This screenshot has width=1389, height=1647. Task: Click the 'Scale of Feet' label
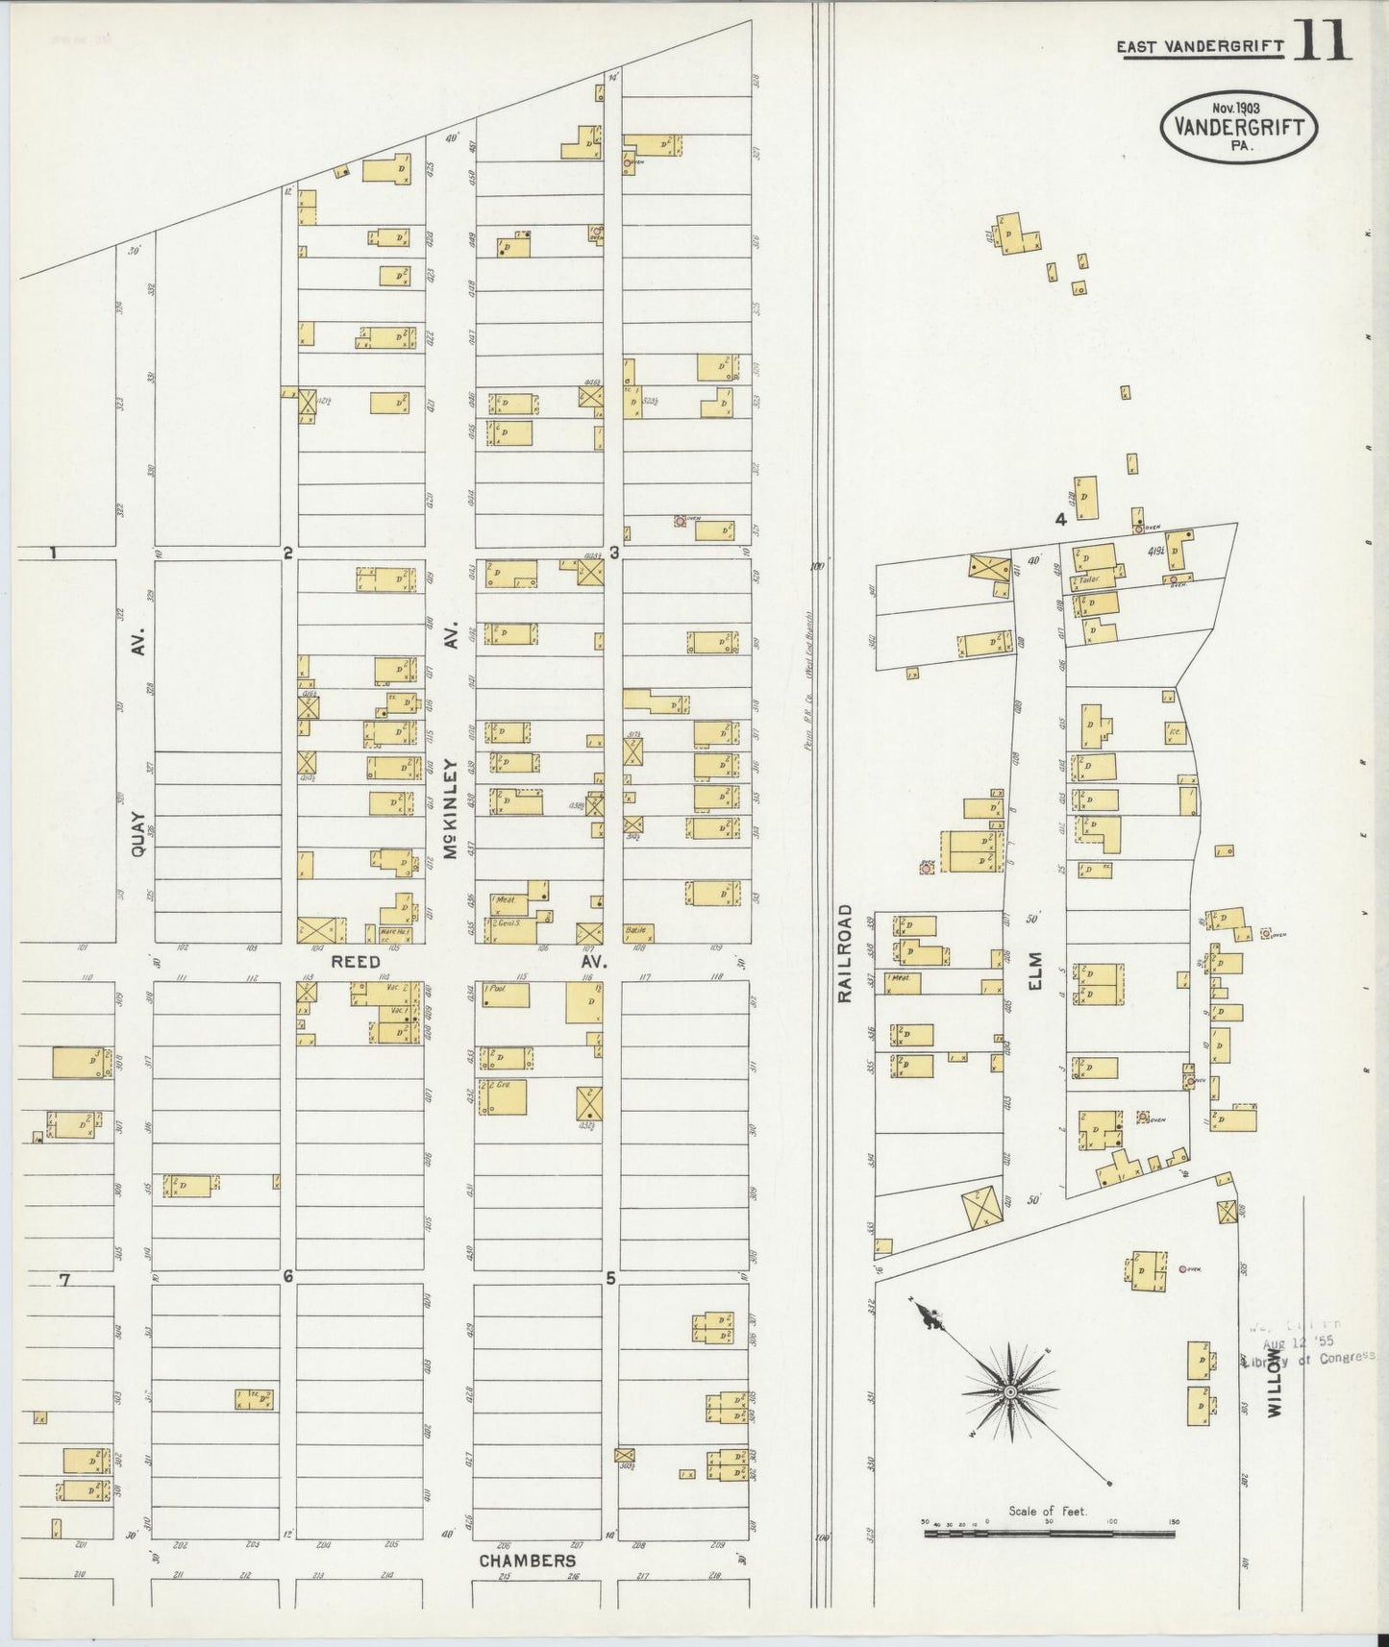coord(1047,1512)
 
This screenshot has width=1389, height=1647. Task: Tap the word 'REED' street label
coord(356,961)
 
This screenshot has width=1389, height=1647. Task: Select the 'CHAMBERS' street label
coord(528,1561)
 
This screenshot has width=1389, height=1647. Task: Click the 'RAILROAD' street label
coord(845,953)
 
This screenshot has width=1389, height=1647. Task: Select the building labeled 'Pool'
coord(506,995)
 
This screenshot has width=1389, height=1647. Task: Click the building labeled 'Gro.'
coord(505,1097)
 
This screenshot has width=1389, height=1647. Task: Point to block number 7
coord(64,1279)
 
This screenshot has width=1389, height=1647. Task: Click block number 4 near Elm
coord(1060,520)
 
